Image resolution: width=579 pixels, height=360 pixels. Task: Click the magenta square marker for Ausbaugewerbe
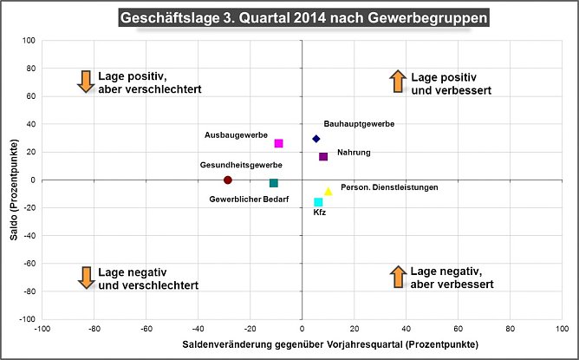click(278, 143)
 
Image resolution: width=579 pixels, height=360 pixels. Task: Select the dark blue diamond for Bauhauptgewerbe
click(316, 139)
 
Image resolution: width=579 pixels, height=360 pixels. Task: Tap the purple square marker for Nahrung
click(323, 157)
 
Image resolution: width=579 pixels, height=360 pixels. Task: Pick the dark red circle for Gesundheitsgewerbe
click(228, 180)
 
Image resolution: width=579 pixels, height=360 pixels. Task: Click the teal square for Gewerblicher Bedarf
click(274, 183)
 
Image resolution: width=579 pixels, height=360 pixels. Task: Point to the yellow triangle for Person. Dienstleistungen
click(329, 192)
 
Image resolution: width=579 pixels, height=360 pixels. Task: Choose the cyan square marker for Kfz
click(318, 202)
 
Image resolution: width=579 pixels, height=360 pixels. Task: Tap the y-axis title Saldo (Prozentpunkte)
click(14, 180)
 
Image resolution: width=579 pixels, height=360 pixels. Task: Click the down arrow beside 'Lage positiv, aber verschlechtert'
click(85, 82)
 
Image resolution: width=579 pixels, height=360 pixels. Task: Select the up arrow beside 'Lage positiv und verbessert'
click(397, 82)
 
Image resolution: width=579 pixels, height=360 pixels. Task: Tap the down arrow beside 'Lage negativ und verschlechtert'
click(85, 278)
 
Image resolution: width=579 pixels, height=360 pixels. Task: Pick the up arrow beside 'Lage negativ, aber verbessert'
click(397, 278)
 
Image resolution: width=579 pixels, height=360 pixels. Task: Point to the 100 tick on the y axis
click(28, 41)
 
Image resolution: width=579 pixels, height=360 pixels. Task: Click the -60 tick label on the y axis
click(27, 264)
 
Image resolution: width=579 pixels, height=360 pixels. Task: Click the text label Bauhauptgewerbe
click(359, 124)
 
